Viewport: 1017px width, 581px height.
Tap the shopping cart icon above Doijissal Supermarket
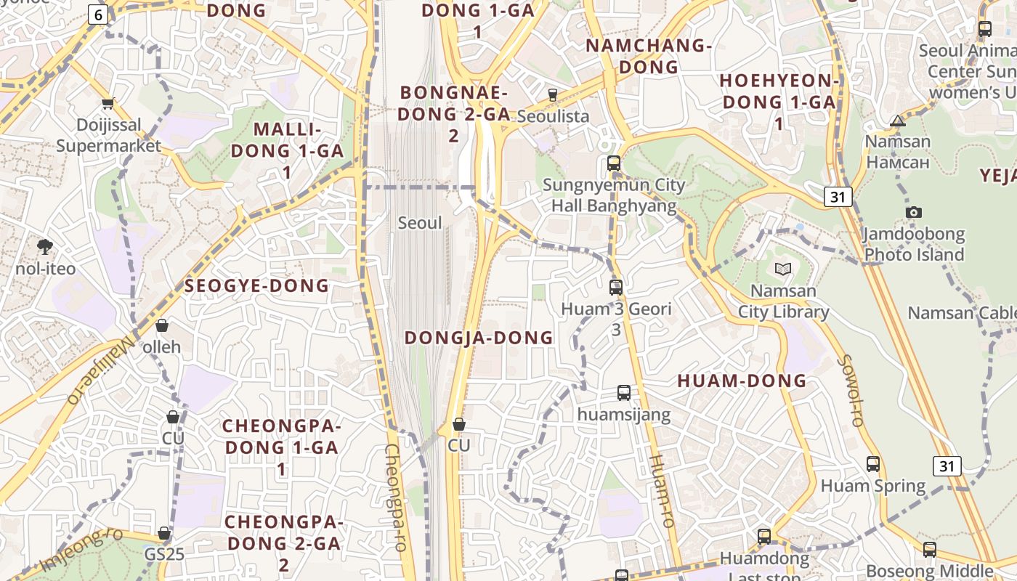pos(108,104)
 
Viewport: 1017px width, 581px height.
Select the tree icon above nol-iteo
pos(45,247)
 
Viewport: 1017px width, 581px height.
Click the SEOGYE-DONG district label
pos(256,285)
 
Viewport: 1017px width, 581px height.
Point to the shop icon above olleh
pos(161,325)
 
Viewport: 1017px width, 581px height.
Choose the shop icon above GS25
pos(164,533)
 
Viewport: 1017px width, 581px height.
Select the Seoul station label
pos(420,223)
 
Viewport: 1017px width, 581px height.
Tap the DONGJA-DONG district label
pos(479,338)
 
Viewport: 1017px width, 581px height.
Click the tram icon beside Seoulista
pos(552,94)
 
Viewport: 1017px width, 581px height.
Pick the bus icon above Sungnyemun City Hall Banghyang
pos(614,163)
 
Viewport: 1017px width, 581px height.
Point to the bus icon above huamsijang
pos(624,393)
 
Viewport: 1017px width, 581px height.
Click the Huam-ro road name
pos(661,490)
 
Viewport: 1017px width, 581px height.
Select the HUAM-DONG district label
pos(742,381)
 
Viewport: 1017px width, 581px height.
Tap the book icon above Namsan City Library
pos(782,269)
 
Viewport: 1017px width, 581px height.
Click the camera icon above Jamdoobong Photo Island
pos(914,212)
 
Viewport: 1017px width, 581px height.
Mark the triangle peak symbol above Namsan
pos(898,121)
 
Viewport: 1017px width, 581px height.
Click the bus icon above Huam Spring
pos(873,463)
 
